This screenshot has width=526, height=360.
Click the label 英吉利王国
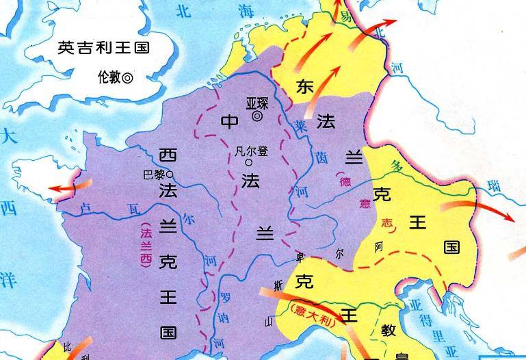coord(104,48)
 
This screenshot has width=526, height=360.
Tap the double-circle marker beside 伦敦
coord(127,78)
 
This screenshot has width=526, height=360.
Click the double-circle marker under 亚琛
coord(257,117)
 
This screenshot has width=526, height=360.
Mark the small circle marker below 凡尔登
coord(249,163)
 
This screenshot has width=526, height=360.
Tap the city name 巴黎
coord(154,175)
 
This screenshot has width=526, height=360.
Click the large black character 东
coord(305,87)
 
